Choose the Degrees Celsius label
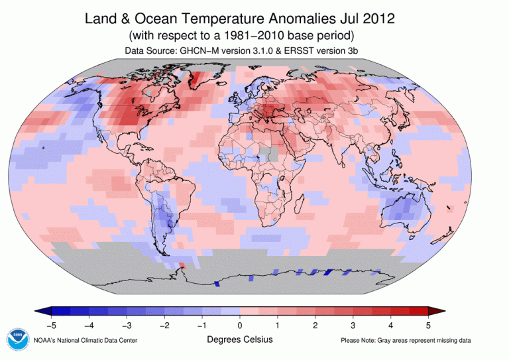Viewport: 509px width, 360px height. pyautogui.click(x=239, y=339)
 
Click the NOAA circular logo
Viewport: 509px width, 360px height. pyautogui.click(x=17, y=340)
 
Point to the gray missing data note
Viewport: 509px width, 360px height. pyautogui.click(x=406, y=341)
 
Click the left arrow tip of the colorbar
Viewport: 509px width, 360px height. pyautogui.click(x=38, y=312)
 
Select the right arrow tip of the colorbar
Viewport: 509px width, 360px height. pyautogui.click(x=441, y=312)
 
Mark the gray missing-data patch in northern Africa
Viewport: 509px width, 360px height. pyautogui.click(x=268, y=153)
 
